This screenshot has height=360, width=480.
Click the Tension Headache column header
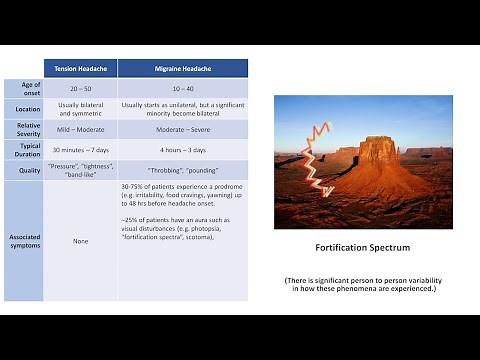coord(81,68)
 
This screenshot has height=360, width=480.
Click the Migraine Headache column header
coord(183,68)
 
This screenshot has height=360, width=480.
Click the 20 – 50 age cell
coord(81,88)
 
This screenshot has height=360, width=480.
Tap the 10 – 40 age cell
coord(183,88)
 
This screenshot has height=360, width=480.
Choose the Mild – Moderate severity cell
coord(81,130)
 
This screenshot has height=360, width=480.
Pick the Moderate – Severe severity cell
coord(183,130)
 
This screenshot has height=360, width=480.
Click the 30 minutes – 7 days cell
coord(81,150)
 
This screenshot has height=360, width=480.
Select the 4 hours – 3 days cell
coord(183,150)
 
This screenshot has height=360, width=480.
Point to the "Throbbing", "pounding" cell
coord(183,170)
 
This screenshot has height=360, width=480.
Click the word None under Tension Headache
coord(81,241)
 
